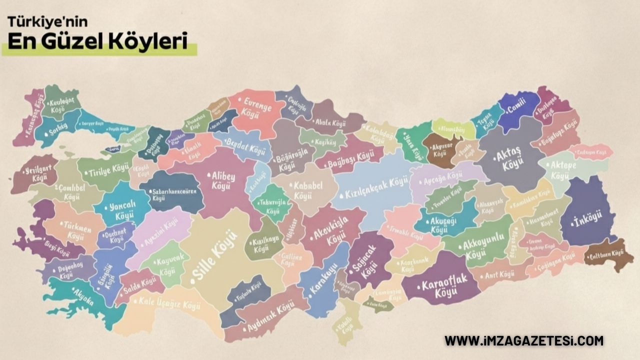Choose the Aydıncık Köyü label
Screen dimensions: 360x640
(x=270, y=318)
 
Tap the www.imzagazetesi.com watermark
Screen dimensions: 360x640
(x=524, y=341)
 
